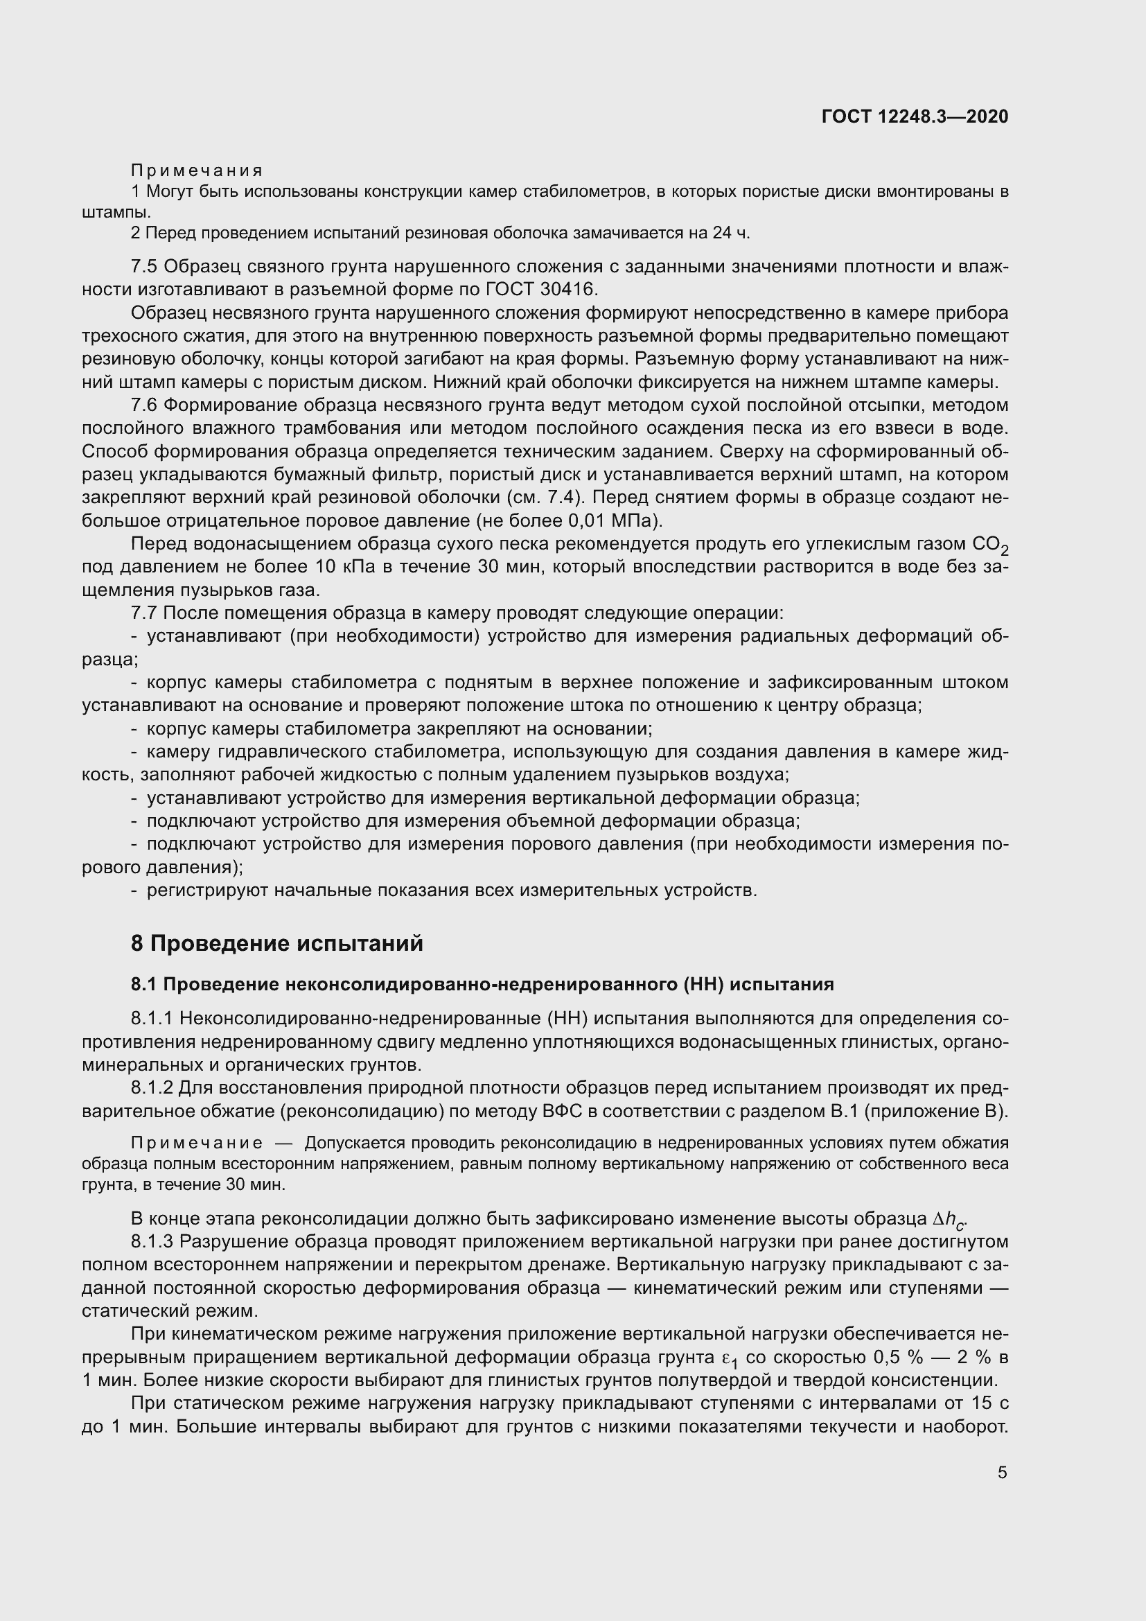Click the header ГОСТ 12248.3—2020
pos(915,116)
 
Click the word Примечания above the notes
pos(197,170)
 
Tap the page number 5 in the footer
pos(1002,1473)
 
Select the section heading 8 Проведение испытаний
pos(276,943)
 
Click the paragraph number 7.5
pos(145,267)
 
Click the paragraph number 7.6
pos(145,405)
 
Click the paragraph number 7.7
pos(145,613)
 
